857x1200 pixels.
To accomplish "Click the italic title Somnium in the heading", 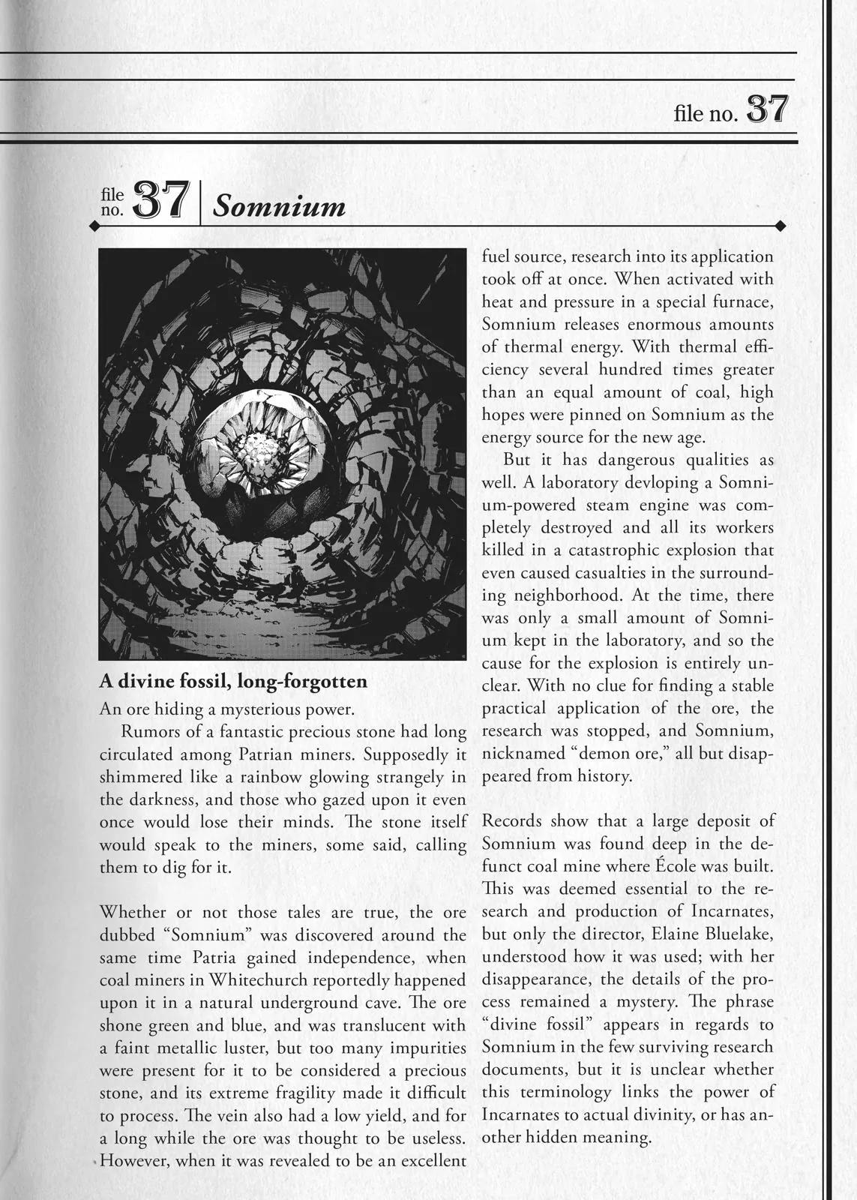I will [x=279, y=205].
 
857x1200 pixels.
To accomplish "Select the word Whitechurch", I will [x=263, y=980].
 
